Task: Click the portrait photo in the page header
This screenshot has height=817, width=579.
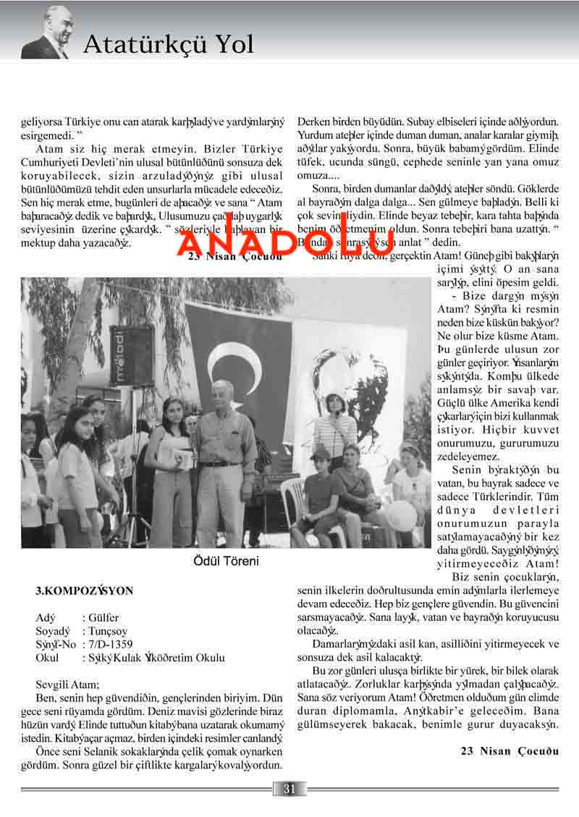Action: pyautogui.click(x=47, y=32)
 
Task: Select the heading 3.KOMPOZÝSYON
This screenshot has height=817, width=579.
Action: pyautogui.click(x=85, y=590)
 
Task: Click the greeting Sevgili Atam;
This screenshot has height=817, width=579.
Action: pyautogui.click(x=68, y=684)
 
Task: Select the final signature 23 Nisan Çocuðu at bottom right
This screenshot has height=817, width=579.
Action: pyautogui.click(x=510, y=750)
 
